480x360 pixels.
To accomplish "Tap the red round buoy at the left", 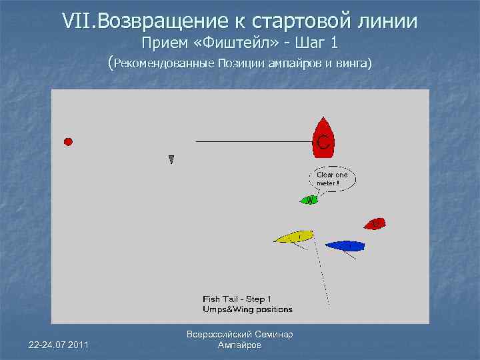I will (68, 141).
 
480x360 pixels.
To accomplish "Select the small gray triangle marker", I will (171, 159).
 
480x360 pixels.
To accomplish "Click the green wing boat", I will (309, 199).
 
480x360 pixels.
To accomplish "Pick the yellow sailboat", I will (293, 237).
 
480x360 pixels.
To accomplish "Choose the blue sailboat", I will (345, 246).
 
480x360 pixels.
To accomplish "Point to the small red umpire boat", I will (375, 223).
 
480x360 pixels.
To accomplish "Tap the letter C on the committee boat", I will (323, 142).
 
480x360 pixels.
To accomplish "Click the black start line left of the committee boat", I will (253, 141).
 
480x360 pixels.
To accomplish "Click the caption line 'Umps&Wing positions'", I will (247, 309).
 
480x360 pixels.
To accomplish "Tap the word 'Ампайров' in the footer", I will (240, 345).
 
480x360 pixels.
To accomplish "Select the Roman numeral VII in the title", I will (78, 21).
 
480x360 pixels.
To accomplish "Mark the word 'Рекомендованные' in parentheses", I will (164, 64).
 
